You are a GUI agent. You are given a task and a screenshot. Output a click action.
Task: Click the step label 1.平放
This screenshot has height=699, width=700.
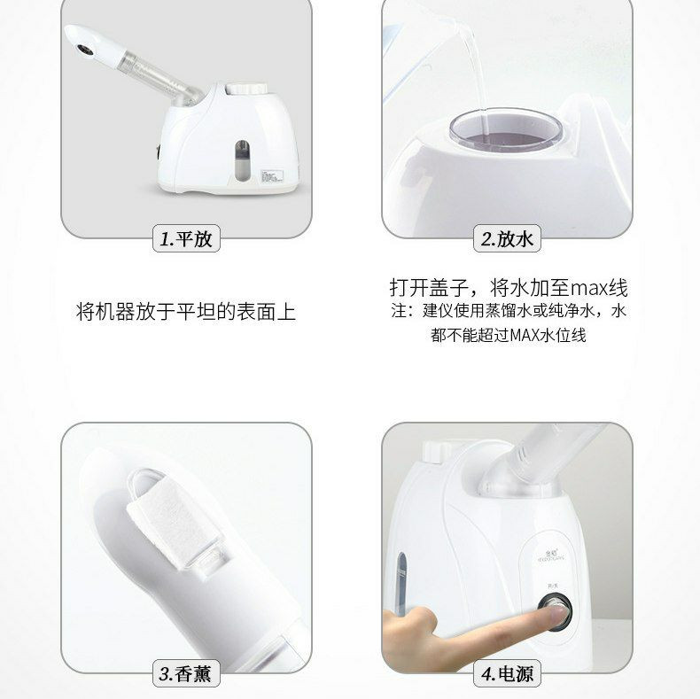(x=186, y=239)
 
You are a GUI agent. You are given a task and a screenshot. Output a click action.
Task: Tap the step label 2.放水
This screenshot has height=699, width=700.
(x=507, y=239)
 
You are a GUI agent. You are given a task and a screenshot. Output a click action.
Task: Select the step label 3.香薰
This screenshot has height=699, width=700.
(x=186, y=673)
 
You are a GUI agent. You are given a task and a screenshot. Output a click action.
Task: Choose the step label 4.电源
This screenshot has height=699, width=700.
(x=507, y=673)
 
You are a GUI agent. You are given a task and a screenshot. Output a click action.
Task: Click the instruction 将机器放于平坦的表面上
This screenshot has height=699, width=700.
(x=186, y=312)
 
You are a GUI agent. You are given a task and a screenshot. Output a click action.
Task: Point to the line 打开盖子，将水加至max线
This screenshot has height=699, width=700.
(x=509, y=287)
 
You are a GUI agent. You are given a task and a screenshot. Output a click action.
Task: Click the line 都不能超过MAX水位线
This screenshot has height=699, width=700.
(x=509, y=335)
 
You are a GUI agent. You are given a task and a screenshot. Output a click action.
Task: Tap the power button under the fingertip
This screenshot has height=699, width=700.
(x=556, y=611)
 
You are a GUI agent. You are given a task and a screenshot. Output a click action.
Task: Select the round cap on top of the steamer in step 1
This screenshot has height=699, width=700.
(x=246, y=89)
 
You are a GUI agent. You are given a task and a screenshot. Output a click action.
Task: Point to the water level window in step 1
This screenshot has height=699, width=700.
(x=243, y=160)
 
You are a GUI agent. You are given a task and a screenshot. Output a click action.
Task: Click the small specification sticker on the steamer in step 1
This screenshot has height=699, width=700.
(x=273, y=176)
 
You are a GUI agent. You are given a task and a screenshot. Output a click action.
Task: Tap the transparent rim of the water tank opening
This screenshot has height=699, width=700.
(x=509, y=129)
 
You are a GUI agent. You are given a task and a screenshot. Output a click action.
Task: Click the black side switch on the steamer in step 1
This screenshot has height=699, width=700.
(x=159, y=151)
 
